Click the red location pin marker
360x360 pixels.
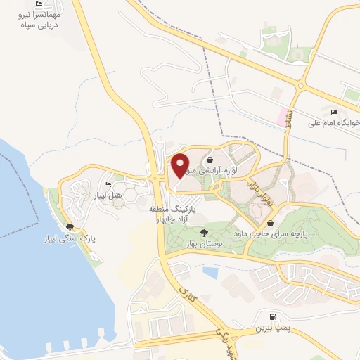coord(181,165)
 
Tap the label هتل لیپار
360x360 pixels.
coord(109,194)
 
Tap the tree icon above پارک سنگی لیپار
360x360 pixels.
coord(70,227)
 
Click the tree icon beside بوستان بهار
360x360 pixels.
coord(203,233)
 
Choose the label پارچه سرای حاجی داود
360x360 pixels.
coord(275,233)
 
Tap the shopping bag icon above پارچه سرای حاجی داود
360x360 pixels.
coord(271,223)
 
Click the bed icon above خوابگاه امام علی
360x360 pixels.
coord(333,112)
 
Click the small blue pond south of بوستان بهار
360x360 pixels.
coord(210,272)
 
